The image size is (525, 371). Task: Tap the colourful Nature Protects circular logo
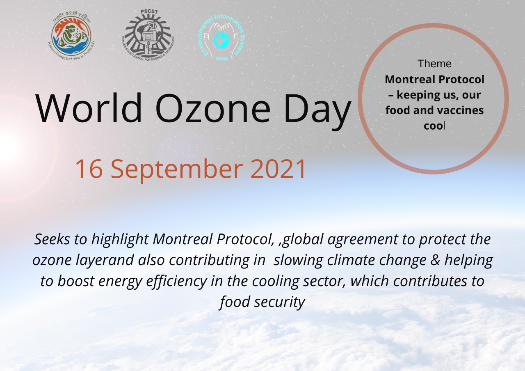71,36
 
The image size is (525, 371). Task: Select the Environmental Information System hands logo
222,37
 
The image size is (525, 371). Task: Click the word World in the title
89,108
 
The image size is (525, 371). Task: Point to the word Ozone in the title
213,108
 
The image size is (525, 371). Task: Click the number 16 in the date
89,169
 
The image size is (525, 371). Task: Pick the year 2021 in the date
278,169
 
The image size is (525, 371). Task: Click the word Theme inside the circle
434,64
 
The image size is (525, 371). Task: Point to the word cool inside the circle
434,126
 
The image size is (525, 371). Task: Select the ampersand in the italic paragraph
435,260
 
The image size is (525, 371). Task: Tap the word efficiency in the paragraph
177,282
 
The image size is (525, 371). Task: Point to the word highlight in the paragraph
120,240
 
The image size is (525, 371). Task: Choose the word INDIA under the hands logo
221,59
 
